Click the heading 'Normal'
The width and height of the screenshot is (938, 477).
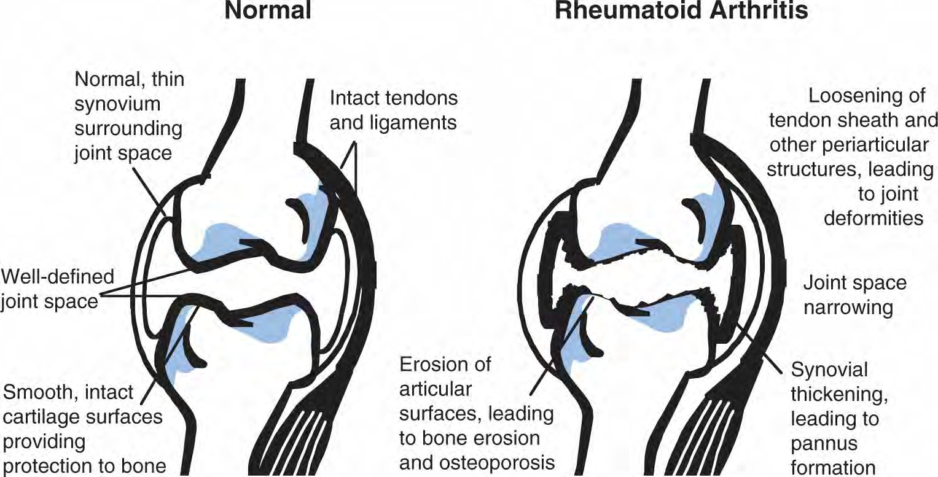click(x=268, y=10)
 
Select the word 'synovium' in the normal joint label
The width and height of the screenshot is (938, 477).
click(x=117, y=104)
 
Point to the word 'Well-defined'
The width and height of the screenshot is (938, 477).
click(x=57, y=277)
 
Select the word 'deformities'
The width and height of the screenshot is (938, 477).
click(x=874, y=218)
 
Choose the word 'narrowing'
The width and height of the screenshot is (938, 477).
click(x=848, y=308)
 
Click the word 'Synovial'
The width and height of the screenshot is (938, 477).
click(x=829, y=370)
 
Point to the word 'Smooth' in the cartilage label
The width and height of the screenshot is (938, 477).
click(x=41, y=393)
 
